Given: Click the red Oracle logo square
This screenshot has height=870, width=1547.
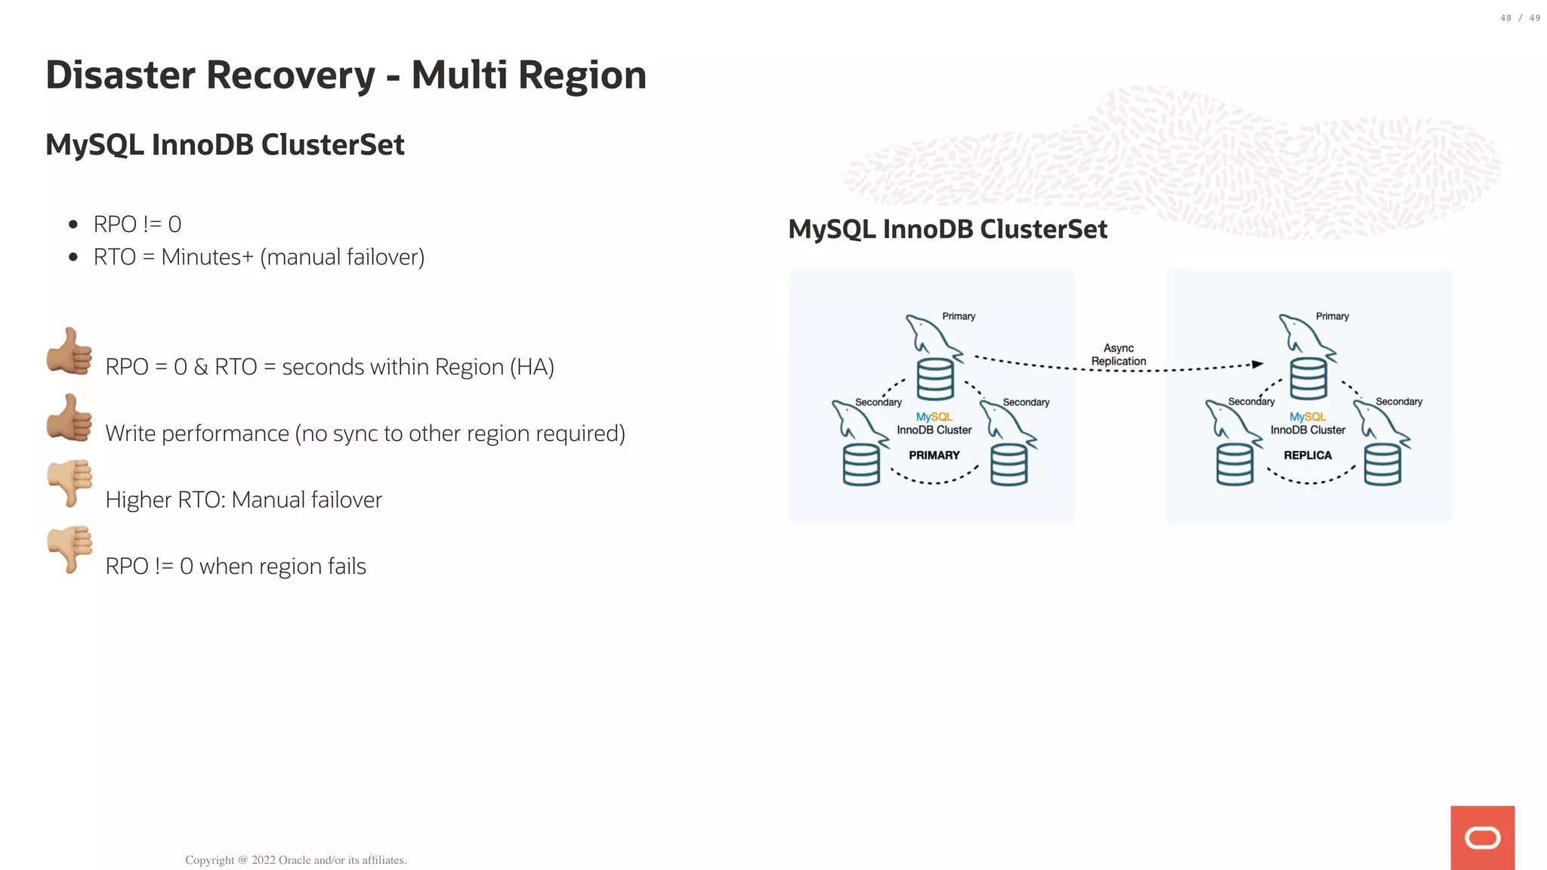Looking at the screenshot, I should coord(1482,838).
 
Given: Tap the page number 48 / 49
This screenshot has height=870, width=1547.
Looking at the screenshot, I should coord(1520,18).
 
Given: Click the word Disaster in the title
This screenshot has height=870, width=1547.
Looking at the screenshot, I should coord(121,76).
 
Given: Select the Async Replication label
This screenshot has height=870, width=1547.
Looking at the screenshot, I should coord(1119,354).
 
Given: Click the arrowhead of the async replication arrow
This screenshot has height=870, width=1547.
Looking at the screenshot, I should coord(1258,364).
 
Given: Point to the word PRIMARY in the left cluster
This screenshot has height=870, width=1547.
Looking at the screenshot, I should coord(934,455).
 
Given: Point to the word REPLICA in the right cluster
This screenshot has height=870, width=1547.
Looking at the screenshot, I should coord(1308,455).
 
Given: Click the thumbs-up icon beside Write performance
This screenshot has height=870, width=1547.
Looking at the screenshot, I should coord(69,417).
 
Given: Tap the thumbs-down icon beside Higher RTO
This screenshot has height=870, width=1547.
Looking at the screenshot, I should coord(69,483).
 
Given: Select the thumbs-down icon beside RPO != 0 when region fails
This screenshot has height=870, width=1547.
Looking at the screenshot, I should coord(69,549).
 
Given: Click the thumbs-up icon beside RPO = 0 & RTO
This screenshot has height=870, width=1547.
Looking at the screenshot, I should coord(69,350).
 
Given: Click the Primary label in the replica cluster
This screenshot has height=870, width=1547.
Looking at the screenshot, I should coord(1332,316).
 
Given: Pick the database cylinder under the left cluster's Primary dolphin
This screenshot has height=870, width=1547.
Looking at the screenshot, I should coord(935,379).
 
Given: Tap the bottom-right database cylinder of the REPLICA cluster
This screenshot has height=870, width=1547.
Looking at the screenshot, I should coord(1382,464).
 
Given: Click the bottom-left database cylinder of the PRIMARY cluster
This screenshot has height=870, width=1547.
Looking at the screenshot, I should coord(861,464).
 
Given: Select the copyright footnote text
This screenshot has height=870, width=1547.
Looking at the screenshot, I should coord(296,860).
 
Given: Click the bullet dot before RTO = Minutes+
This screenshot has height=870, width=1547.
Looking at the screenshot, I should coord(73,258).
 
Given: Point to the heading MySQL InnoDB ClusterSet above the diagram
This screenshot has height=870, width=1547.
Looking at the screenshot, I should coord(947,230).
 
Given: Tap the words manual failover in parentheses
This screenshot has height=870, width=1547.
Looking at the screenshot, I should coord(342,258).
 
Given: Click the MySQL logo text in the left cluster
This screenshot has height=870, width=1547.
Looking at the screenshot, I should coord(934,417).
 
